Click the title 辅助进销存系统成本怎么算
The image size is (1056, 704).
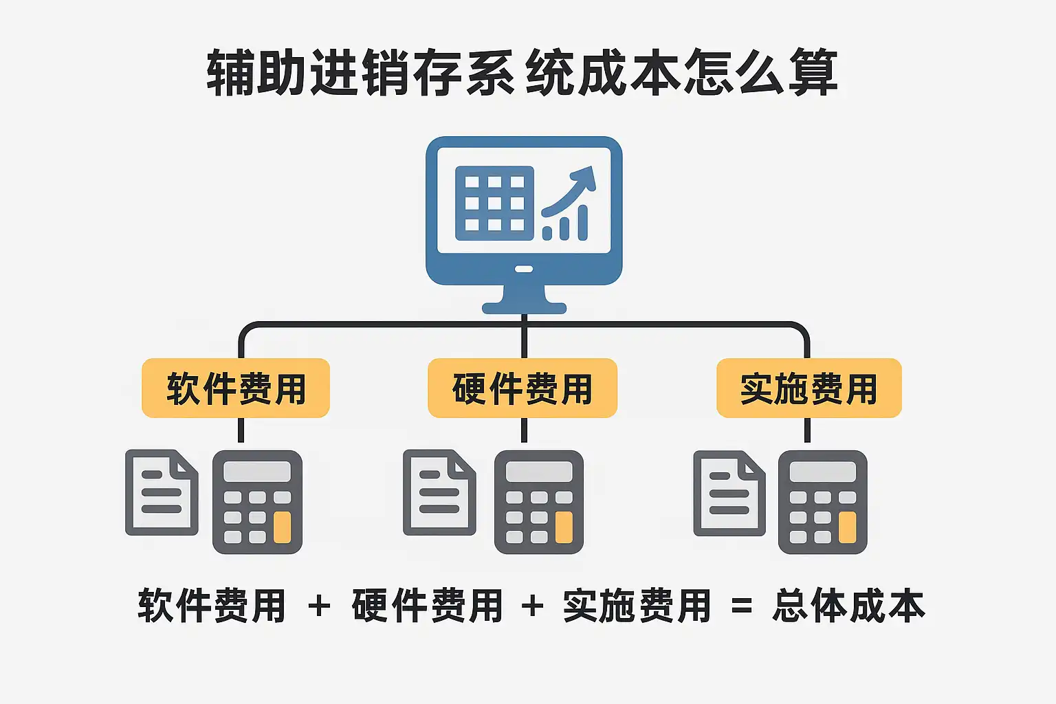522,72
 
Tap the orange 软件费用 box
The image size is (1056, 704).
236,388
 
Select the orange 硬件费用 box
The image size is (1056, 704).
522,388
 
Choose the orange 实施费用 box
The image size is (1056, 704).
808,388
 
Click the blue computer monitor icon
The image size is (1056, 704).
524,220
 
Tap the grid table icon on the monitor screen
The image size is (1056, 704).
494,203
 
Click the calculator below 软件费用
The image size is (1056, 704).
257,502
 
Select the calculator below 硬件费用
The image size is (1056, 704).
539,502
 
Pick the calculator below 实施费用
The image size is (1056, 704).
822,502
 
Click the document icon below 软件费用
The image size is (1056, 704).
162,492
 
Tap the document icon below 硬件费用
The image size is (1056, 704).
439,492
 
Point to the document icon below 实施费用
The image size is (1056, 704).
729,492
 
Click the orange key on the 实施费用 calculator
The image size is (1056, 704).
847,527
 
